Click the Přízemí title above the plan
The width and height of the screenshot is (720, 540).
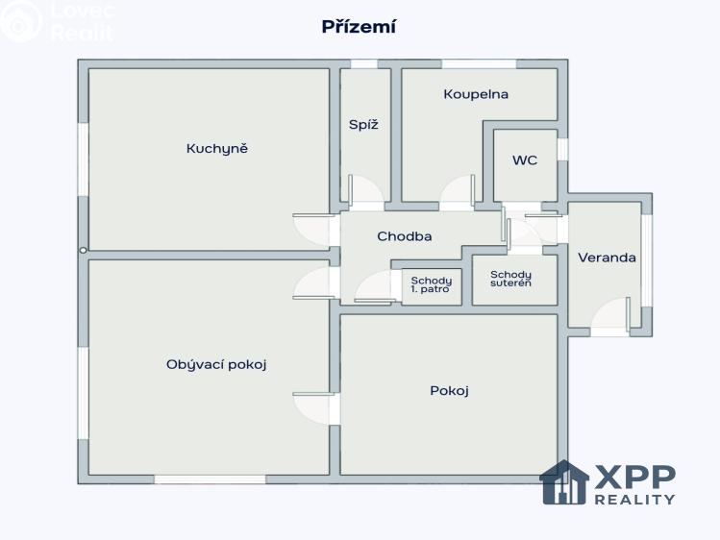pyautogui.click(x=359, y=27)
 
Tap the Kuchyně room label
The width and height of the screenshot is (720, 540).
pyautogui.click(x=216, y=149)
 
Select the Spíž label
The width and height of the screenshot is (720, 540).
pyautogui.click(x=363, y=125)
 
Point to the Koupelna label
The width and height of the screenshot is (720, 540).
pyautogui.click(x=476, y=94)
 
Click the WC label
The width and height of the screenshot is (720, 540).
pyautogui.click(x=525, y=160)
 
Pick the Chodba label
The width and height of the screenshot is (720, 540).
pyautogui.click(x=404, y=236)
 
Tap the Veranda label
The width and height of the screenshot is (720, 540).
pyautogui.click(x=607, y=258)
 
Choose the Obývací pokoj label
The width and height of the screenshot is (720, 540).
pyautogui.click(x=216, y=365)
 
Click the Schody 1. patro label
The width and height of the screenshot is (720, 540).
pyautogui.click(x=432, y=284)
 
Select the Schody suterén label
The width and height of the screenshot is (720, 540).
pyautogui.click(x=510, y=279)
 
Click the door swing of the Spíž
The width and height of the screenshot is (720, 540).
pyautogui.click(x=365, y=188)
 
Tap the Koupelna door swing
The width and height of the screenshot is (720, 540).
pyautogui.click(x=458, y=188)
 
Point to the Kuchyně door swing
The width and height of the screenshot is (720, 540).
pyautogui.click(x=311, y=230)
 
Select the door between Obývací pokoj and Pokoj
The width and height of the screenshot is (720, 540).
pyautogui.click(x=311, y=409)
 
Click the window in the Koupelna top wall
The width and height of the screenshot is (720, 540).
pyautogui.click(x=479, y=63)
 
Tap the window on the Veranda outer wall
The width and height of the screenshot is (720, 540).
pyautogui.click(x=647, y=260)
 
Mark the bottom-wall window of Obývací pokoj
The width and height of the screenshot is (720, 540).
pyautogui.click(x=210, y=479)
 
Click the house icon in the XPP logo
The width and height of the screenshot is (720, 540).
pyautogui.click(x=564, y=482)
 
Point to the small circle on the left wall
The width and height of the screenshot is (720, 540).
pyautogui.click(x=83, y=251)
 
